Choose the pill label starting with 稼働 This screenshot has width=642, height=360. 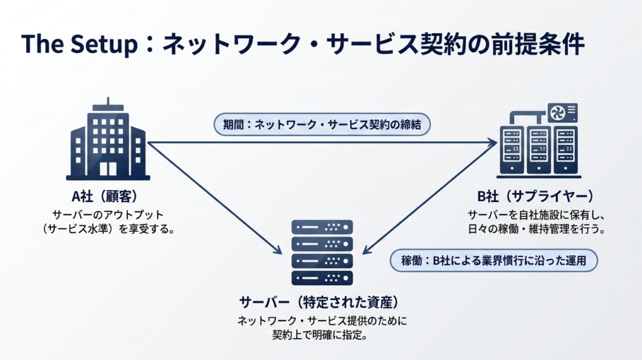(x=492, y=260)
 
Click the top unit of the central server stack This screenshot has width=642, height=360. (x=322, y=227)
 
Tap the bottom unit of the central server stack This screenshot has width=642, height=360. (x=322, y=278)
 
